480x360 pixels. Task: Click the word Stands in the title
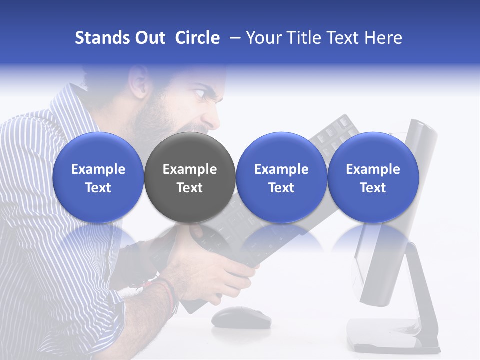[x=103, y=38]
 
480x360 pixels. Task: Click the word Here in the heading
[x=383, y=38]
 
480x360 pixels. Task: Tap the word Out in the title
[x=150, y=38]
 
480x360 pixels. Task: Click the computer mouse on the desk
[x=241, y=317]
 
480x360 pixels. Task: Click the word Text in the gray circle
[x=189, y=188]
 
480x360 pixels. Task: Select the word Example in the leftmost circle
[x=98, y=169]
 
